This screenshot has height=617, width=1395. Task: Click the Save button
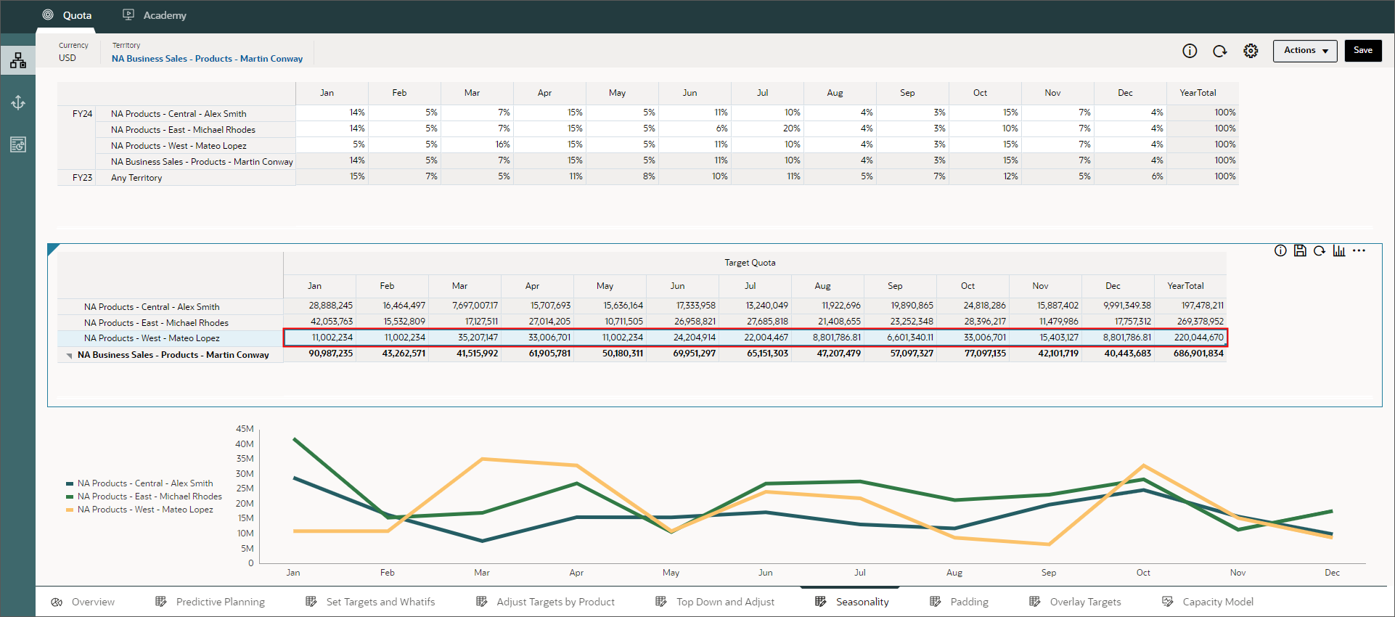(1362, 51)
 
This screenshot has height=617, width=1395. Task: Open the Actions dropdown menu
(1304, 51)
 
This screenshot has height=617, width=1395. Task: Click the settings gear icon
(1250, 51)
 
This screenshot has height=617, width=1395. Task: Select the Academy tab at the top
(155, 15)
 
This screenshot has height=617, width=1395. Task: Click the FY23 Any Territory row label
(136, 178)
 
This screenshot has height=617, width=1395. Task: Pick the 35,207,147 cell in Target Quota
(465, 338)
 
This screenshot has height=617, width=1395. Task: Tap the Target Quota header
(750, 263)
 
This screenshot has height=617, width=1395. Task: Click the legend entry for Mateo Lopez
(145, 510)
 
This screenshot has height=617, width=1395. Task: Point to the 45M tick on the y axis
(245, 429)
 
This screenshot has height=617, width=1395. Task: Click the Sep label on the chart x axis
(1048, 573)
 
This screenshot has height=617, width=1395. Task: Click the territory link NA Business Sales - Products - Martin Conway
(207, 59)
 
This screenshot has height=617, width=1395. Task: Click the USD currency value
(67, 58)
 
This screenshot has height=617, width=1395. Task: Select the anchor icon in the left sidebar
(18, 103)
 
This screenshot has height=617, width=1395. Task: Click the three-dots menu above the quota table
(1359, 250)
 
